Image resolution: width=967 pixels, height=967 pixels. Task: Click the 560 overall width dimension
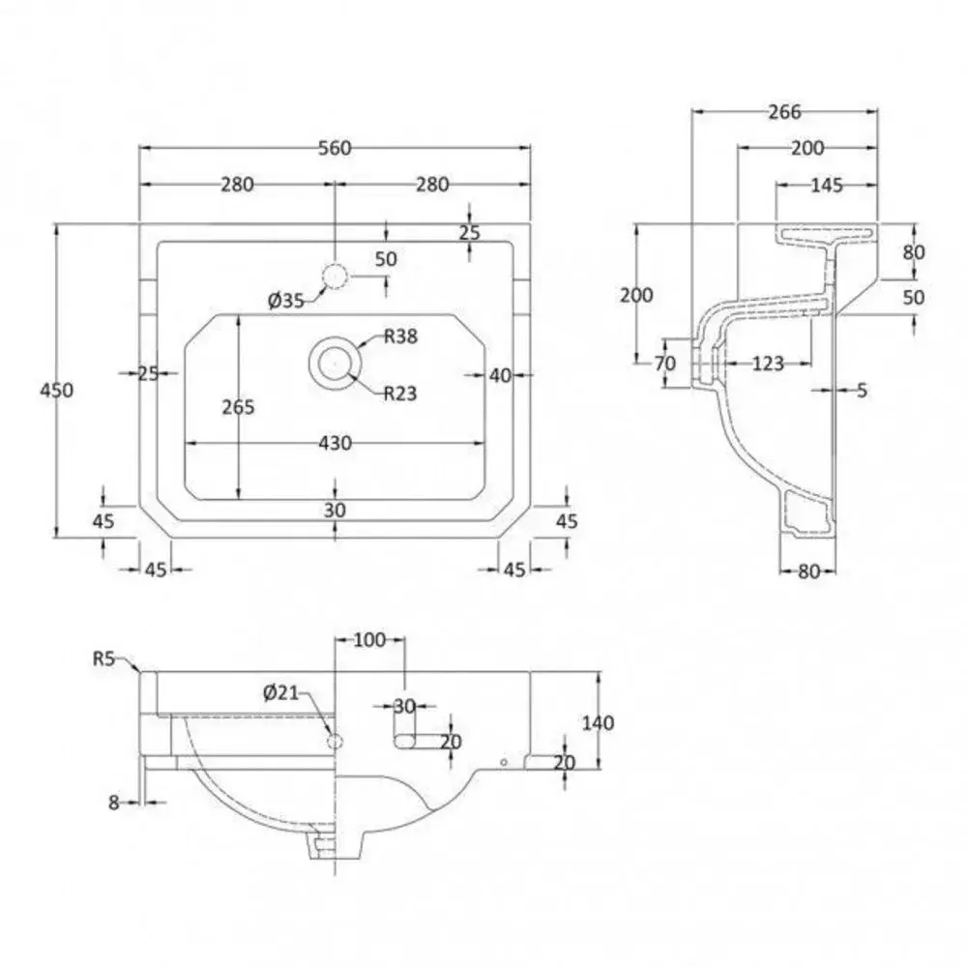point(335,148)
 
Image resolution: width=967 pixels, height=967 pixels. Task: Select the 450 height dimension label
point(57,390)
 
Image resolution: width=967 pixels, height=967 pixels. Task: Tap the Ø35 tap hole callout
point(286,301)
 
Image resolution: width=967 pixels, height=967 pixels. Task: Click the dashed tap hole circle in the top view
point(335,277)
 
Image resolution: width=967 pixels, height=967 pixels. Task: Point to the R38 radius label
point(401,337)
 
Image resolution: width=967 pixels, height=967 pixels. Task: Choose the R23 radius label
point(400,393)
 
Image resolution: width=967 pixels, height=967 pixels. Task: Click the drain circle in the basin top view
point(335,364)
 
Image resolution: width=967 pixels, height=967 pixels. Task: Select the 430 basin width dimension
point(336,443)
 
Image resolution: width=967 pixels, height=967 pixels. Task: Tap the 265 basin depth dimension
point(238,407)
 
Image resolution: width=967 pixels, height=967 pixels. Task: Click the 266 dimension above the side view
point(784,111)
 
